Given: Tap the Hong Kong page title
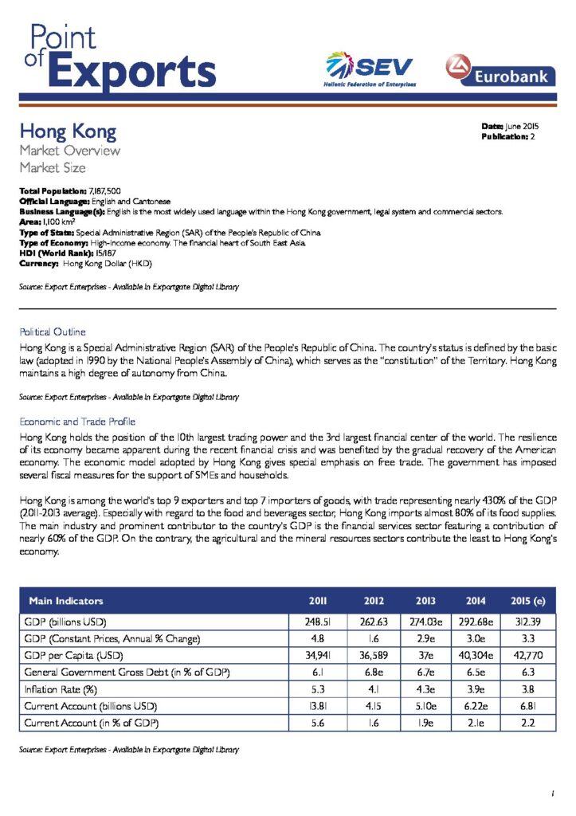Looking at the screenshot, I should click(x=68, y=130).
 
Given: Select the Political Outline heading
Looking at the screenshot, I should click(x=52, y=331).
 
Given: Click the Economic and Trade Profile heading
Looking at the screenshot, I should click(x=77, y=421).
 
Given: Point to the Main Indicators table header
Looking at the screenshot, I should click(x=66, y=601).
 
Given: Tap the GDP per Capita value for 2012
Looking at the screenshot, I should click(x=374, y=656).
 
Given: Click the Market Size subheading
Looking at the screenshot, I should click(x=53, y=167).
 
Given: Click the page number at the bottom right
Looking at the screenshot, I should click(x=551, y=793).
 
